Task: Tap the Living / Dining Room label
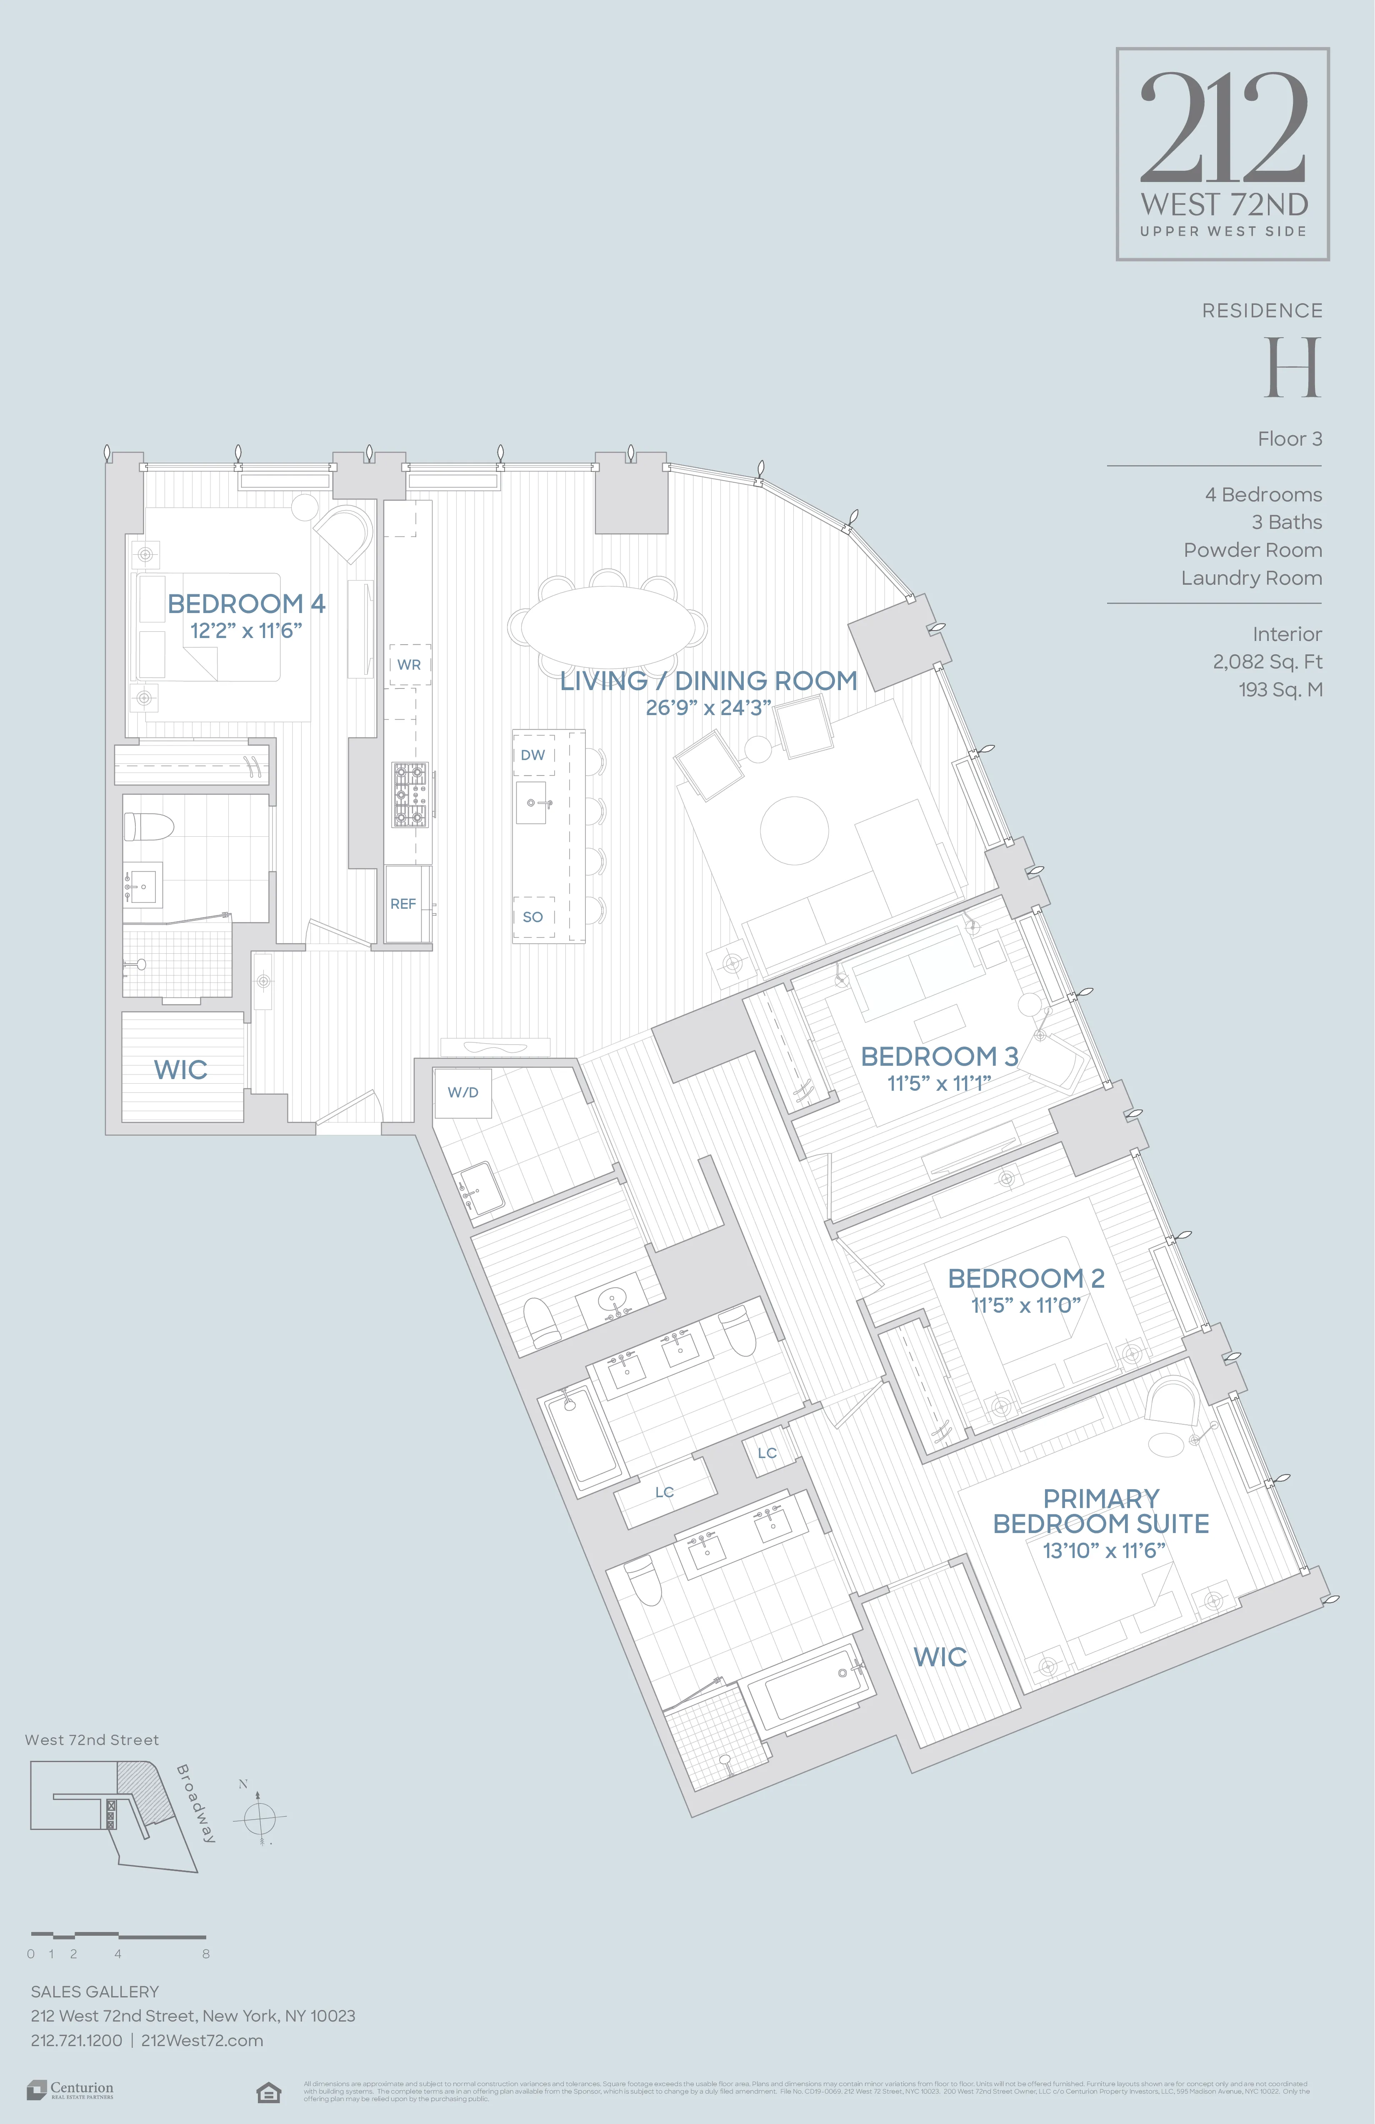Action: pyautogui.click(x=708, y=681)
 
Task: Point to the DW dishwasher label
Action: pyautogui.click(x=533, y=755)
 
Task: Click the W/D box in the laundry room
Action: pyautogui.click(x=462, y=1092)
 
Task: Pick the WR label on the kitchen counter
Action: pyautogui.click(x=409, y=665)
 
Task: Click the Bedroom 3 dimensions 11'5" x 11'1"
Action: pyautogui.click(x=939, y=1083)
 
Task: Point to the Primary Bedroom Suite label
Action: pyautogui.click(x=1101, y=1511)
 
